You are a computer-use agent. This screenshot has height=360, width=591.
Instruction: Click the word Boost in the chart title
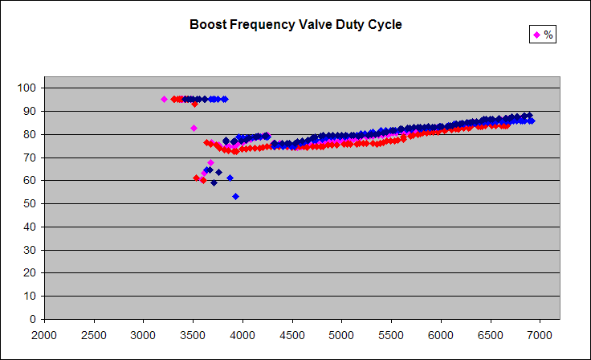(206, 25)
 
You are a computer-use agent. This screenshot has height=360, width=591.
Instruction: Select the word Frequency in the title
(258, 25)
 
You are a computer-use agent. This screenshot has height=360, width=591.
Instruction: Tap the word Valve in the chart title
(309, 25)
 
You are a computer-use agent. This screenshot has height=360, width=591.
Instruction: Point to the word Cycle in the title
(385, 25)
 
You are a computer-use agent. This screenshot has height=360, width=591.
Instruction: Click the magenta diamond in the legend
(536, 35)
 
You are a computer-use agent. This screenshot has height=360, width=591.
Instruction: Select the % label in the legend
(548, 35)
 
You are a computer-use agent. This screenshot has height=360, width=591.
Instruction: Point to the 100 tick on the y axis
(28, 88)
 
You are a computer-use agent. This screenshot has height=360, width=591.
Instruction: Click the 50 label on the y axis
(31, 203)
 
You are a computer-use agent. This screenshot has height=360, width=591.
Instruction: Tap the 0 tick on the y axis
(34, 319)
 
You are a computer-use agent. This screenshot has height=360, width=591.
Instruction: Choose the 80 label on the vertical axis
(31, 134)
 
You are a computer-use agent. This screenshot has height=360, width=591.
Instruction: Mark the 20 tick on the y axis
(31, 272)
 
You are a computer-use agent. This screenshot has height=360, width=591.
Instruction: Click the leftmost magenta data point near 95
(164, 99)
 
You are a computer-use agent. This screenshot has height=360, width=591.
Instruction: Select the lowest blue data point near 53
(235, 196)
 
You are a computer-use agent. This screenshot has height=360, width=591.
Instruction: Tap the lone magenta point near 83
(194, 128)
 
